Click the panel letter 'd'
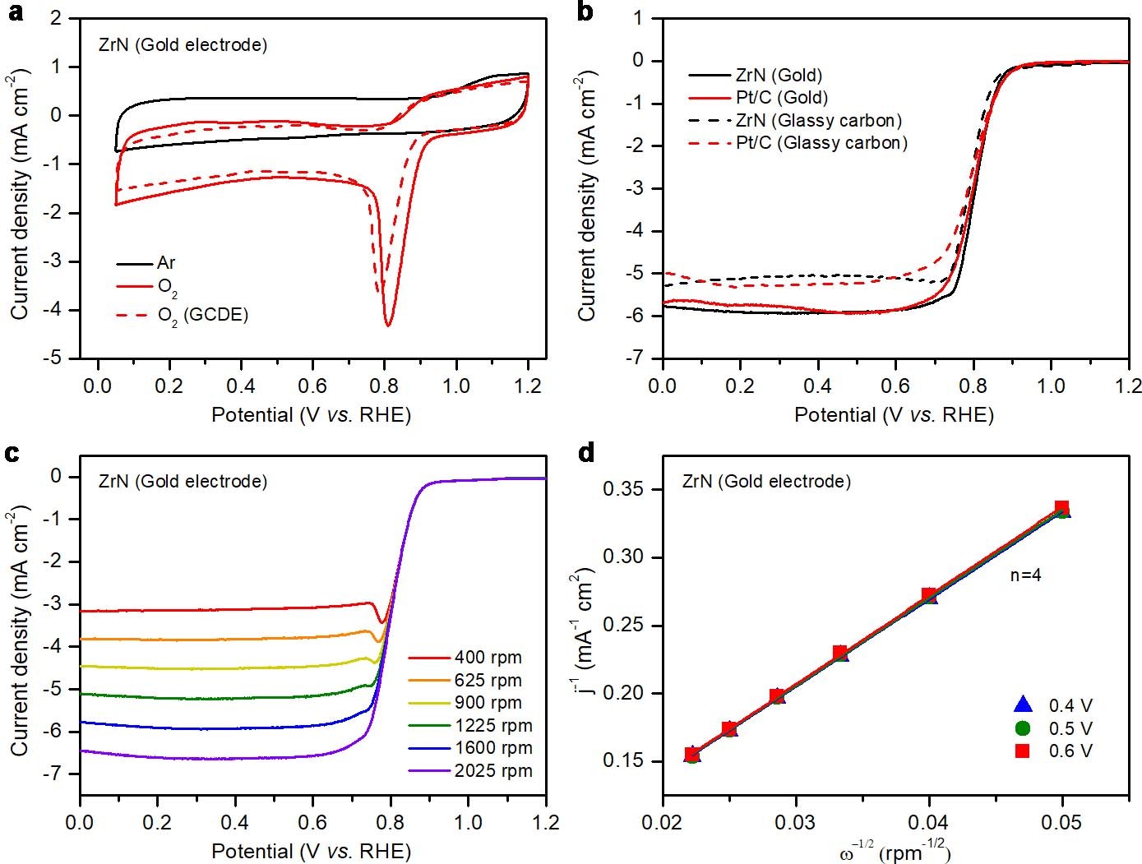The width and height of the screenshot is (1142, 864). tap(586, 452)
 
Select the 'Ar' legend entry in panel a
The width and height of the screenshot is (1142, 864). tap(165, 263)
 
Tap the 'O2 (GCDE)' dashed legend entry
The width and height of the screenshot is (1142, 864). tap(202, 316)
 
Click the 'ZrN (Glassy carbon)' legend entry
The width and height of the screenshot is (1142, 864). tap(818, 121)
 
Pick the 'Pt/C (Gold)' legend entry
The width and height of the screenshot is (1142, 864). tap(781, 98)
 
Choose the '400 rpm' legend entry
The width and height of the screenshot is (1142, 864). tap(488, 658)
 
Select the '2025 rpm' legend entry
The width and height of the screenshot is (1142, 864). tap(492, 771)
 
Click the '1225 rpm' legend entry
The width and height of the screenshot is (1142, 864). tap(492, 726)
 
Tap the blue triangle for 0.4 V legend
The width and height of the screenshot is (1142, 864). tap(1023, 705)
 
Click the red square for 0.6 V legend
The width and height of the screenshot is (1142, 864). tap(1023, 751)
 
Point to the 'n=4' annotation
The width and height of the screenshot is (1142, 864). tap(1025, 575)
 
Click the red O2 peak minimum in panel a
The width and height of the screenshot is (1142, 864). tap(388, 325)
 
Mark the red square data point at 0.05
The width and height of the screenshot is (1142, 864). tap(1061, 508)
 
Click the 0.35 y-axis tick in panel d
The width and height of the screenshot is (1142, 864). tap(622, 490)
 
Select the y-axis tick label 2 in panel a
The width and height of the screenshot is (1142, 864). tap(56, 18)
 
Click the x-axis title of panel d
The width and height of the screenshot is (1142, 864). tap(895, 852)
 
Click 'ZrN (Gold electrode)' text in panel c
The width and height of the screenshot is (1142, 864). tap(183, 482)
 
